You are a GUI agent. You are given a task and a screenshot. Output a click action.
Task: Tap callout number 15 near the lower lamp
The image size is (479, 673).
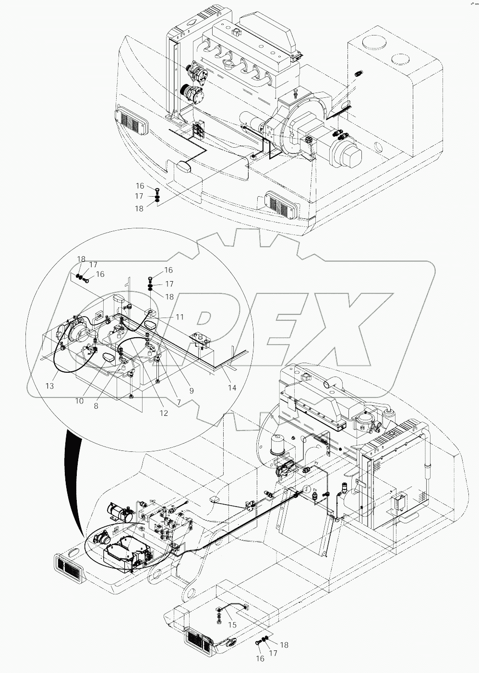click(x=232, y=625)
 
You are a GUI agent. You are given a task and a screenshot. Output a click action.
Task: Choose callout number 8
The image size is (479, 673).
click(x=96, y=405)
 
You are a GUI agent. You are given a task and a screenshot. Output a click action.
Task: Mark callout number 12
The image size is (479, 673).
click(x=164, y=413)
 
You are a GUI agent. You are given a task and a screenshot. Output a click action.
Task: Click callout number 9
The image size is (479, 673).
click(x=191, y=391)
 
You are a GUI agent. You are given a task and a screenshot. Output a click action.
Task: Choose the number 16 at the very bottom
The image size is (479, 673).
click(x=260, y=659)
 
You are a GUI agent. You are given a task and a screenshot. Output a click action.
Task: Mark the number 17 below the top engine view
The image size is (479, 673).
click(x=139, y=197)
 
